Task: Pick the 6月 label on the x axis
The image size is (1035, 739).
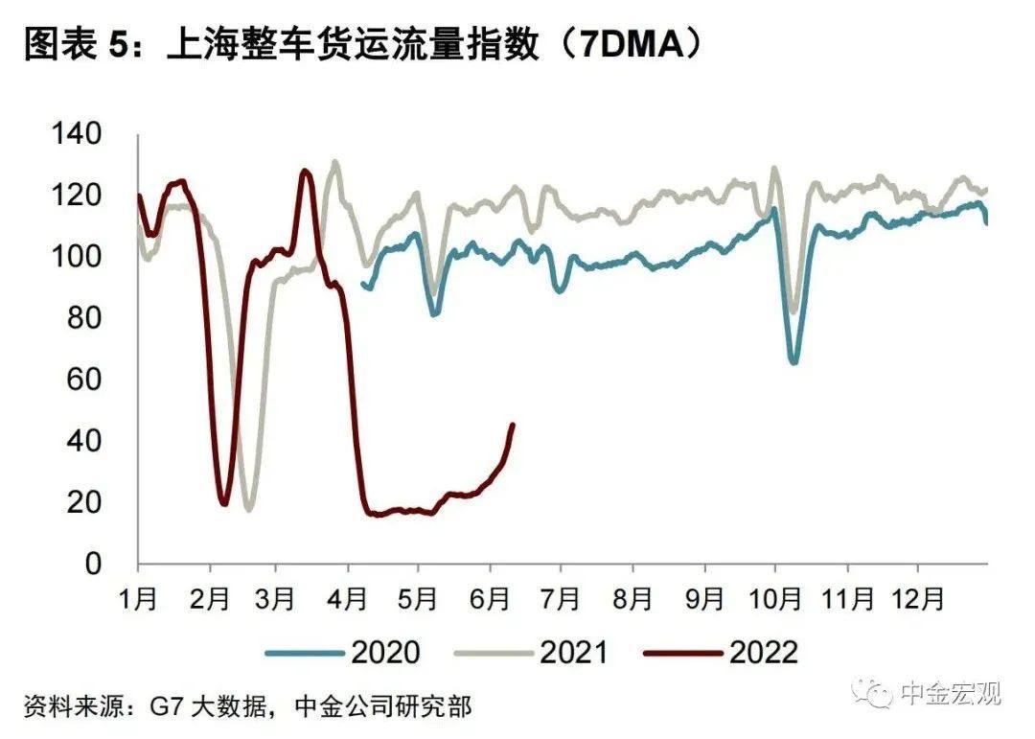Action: [491, 600]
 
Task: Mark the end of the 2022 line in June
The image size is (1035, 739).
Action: [512, 425]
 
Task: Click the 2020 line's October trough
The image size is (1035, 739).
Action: [793, 362]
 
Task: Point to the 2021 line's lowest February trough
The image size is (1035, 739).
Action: [249, 509]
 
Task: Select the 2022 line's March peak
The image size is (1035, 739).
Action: [305, 172]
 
